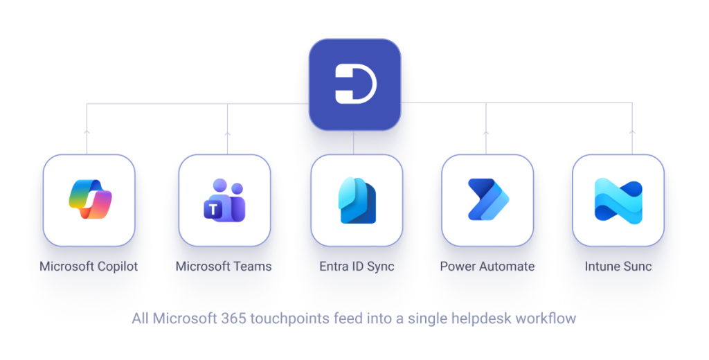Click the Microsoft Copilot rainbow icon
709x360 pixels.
tap(90, 199)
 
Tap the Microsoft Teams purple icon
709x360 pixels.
tap(224, 200)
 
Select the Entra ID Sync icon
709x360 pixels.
tap(357, 200)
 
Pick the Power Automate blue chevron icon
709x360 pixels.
tap(488, 199)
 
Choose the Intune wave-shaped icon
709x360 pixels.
tap(618, 201)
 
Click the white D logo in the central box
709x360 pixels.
tap(355, 84)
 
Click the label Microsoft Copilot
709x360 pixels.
tap(89, 267)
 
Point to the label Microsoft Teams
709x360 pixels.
tap(224, 267)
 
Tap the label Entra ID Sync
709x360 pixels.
tap(357, 267)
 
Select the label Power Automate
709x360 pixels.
tap(487, 267)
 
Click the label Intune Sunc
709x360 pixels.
tap(618, 267)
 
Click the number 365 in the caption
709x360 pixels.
tap(233, 318)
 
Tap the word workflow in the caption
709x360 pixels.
tap(546, 318)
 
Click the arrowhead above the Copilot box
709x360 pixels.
tap(87, 132)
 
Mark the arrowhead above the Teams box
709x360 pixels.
tap(227, 134)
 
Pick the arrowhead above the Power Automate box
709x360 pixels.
tap(486, 133)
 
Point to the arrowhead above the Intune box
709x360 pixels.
tap(632, 132)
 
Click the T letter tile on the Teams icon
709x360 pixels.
tap(213, 210)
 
